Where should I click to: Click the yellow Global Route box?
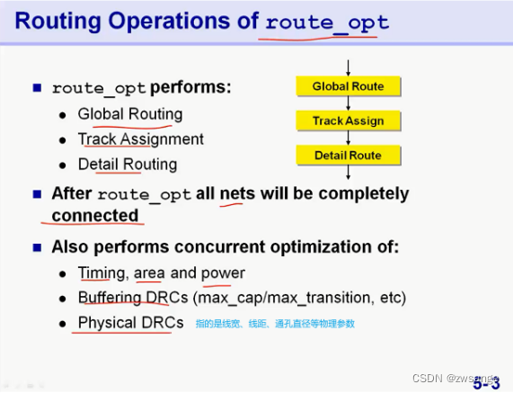[x=348, y=86]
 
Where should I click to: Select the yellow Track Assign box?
[x=348, y=121]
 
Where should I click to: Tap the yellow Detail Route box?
[x=348, y=156]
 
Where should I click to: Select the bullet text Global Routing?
[x=130, y=114]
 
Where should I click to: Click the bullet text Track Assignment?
[x=141, y=139]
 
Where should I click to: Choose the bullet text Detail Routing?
[x=128, y=165]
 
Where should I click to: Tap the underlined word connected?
[x=95, y=216]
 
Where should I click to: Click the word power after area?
[x=223, y=272]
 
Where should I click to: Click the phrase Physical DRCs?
[x=130, y=323]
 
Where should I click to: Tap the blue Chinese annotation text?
[x=275, y=323]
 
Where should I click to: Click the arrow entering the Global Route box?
[x=348, y=67]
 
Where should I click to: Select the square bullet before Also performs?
[x=38, y=246]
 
